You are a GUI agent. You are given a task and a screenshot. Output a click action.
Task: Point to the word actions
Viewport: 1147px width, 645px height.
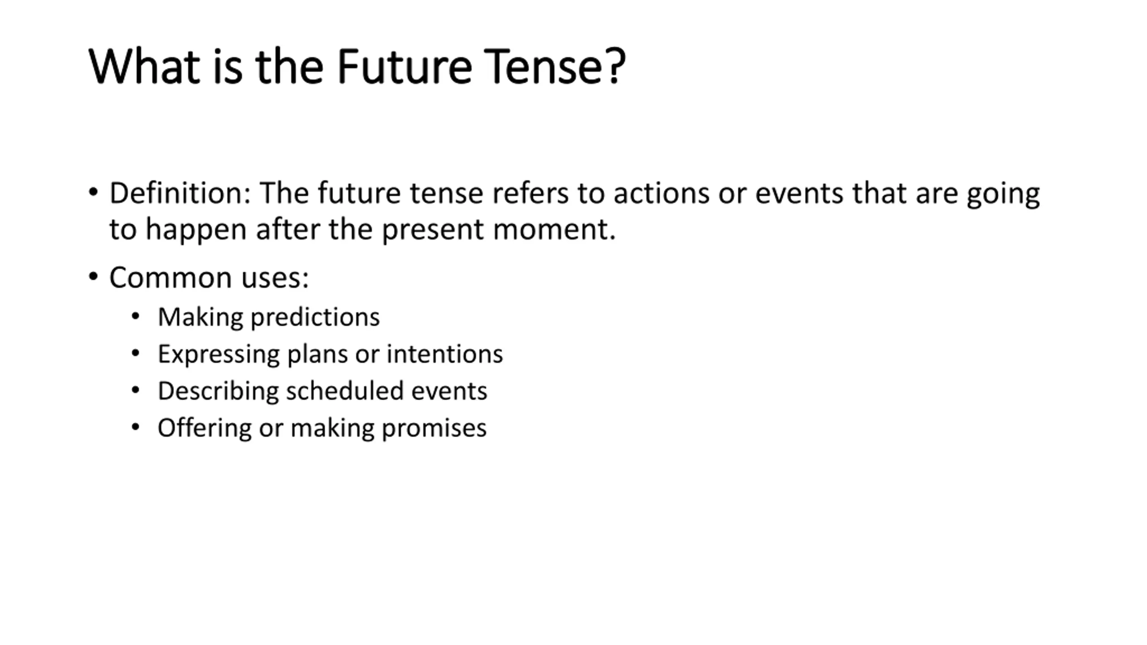[x=661, y=194]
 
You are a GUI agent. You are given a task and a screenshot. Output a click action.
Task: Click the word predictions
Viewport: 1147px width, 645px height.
[x=315, y=318]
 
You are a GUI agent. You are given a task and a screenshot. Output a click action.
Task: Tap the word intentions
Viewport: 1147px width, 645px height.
[x=444, y=354]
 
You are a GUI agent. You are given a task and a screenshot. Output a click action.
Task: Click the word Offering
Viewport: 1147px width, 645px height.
[x=204, y=428]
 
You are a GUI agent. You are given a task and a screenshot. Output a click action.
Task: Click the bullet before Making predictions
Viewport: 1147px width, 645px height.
[x=135, y=317]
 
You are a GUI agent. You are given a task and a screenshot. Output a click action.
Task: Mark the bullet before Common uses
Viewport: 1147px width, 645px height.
[x=93, y=276]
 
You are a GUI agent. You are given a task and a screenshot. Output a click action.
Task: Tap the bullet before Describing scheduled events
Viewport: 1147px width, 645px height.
[x=135, y=390]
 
